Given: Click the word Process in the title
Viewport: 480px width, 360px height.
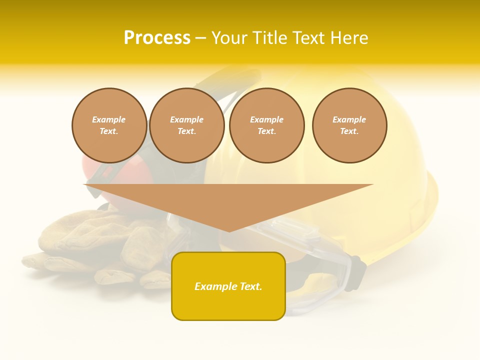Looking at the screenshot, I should click(157, 38).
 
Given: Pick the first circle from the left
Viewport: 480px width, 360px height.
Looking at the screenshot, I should click(109, 125).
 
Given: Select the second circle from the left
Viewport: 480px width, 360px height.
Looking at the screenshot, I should click(187, 125).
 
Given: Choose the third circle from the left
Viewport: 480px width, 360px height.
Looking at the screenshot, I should click(267, 125).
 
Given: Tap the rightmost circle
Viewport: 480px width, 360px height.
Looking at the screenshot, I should click(349, 125).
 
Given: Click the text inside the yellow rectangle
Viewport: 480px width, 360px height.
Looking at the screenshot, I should click(228, 286).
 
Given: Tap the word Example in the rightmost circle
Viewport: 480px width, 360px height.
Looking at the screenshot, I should click(349, 119).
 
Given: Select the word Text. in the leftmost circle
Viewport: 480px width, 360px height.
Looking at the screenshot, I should click(109, 131).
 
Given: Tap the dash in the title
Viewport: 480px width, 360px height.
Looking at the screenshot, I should click(201, 38).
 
